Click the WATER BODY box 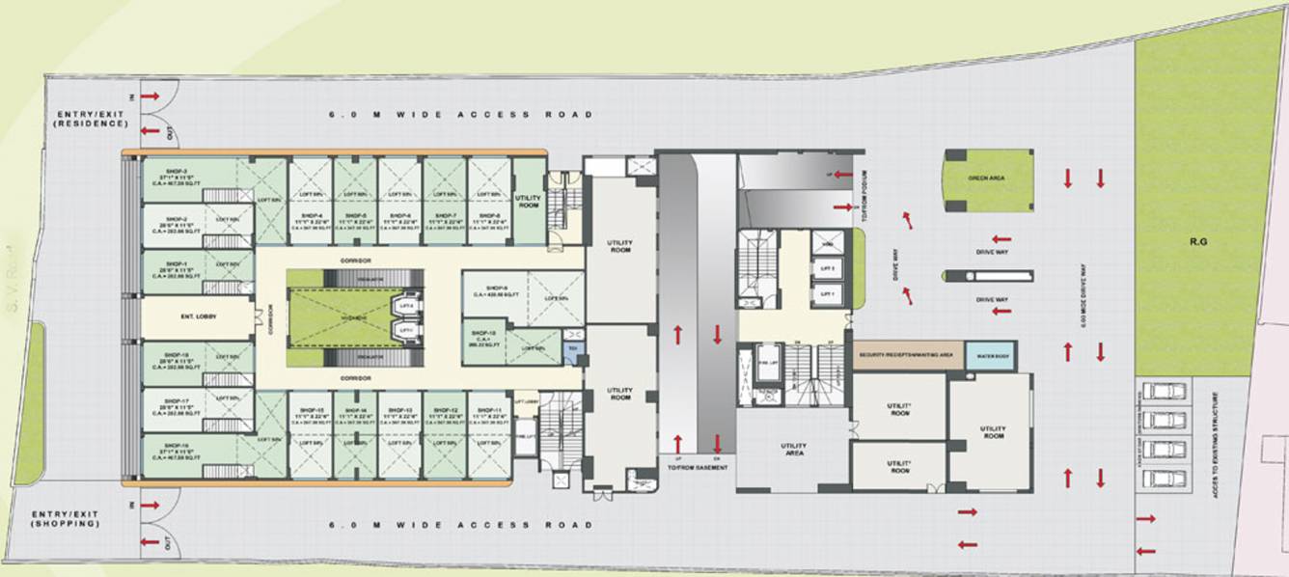pyautogui.click(x=990, y=354)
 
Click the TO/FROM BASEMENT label pyautogui.click(x=696, y=468)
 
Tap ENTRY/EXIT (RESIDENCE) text pyautogui.click(x=91, y=119)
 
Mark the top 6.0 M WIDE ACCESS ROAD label pyautogui.click(x=459, y=115)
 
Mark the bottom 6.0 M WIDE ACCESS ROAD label pyautogui.click(x=459, y=525)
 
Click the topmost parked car pyautogui.click(x=1164, y=392)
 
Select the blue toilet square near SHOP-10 pyautogui.click(x=573, y=347)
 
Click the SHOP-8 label pyautogui.click(x=489, y=215)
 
